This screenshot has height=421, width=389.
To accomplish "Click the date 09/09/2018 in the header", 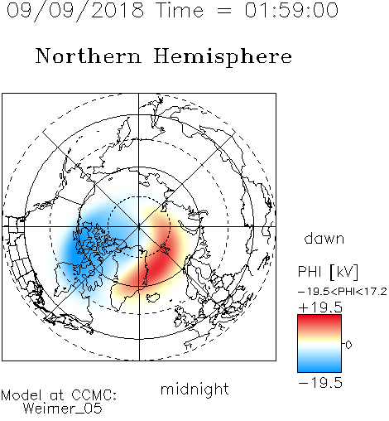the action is point(75,11).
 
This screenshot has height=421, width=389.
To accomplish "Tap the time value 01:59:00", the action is point(291,10).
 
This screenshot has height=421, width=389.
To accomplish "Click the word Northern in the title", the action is point(89,56).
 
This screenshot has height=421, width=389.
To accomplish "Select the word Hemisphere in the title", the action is point(223,57).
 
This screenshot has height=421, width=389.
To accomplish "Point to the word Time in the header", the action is point(180,10).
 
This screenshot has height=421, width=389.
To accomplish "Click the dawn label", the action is point(324,238).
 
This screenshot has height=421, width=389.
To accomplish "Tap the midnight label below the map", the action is point(194,390).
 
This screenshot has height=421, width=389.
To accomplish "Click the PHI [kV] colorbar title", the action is point(328,272).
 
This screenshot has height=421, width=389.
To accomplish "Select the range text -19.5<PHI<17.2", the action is point(343,292).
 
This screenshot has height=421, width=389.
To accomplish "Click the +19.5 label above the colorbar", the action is point(320,307).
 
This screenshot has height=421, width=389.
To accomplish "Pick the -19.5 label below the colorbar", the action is point(320,383).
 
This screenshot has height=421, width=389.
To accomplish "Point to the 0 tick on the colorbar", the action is point(348,345).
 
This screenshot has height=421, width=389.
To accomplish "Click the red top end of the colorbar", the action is point(319,317).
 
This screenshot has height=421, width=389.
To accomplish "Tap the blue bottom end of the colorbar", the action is point(319,370).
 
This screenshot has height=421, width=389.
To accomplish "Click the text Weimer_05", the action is point(63,409).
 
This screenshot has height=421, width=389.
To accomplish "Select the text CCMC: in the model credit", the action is point(94,395).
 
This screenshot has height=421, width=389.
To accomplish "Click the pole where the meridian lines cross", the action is point(139,226).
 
